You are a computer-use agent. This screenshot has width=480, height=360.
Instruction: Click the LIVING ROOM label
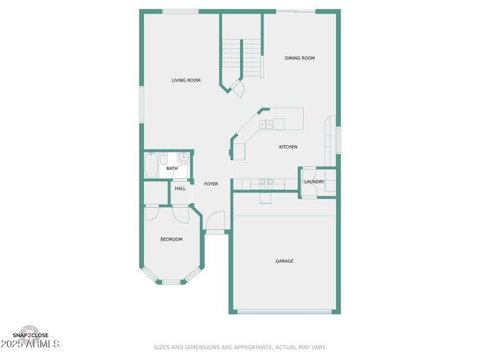tap(186, 80)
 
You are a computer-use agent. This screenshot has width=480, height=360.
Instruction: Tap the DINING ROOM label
tap(299, 58)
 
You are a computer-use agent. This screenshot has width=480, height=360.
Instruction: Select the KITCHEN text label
tap(288, 147)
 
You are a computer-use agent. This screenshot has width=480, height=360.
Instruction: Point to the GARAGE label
tap(284, 261)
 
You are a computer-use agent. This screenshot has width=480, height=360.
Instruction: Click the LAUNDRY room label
tap(314, 182)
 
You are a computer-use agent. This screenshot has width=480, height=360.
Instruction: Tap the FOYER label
tap(211, 184)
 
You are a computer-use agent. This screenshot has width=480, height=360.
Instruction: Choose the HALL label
tap(180, 188)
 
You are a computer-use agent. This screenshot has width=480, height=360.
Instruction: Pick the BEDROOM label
tap(171, 239)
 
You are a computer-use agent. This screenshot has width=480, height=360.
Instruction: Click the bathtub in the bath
tap(151, 165)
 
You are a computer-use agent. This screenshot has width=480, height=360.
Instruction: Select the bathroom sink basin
tap(183, 158)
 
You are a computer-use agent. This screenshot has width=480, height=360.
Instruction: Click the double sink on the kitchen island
tap(266, 124)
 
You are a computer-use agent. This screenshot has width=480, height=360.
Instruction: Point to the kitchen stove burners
tap(266, 182)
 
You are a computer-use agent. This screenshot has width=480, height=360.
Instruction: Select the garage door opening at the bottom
tap(284, 311)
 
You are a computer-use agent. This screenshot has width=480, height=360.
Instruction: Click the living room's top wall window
tap(181, 11)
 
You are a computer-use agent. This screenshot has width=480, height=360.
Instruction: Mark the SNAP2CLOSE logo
tap(30, 335)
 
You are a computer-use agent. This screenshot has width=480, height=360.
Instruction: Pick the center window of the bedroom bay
tap(171, 281)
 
